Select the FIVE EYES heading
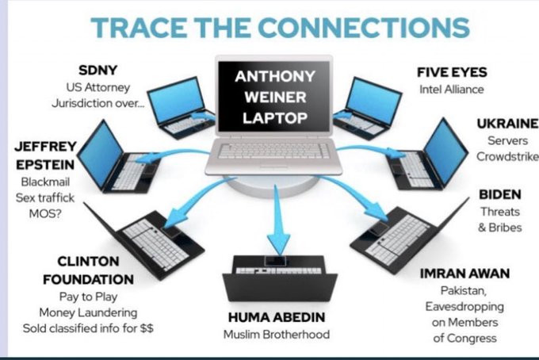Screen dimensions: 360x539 pyautogui.click(x=452, y=72)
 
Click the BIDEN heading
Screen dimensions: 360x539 pyautogui.click(x=499, y=194)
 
